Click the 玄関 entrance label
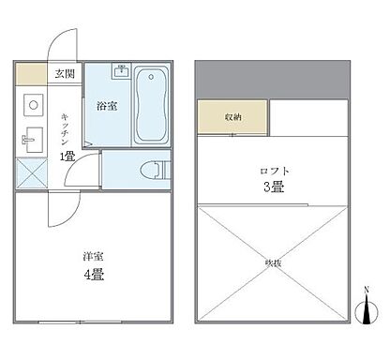point(64,73)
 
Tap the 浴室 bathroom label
point(105,106)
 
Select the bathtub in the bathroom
point(151,105)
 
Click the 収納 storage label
point(232,117)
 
